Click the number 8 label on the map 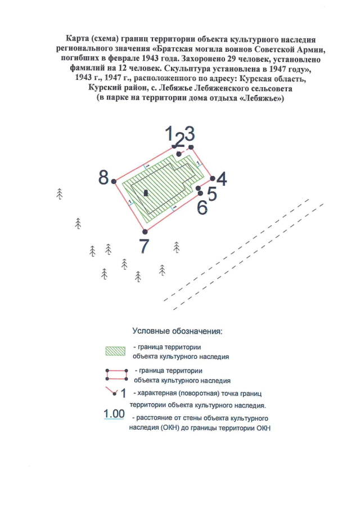[103, 178]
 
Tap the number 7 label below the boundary [145, 246]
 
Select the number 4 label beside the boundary [222, 179]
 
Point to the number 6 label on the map [202, 208]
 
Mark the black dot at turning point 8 [114, 181]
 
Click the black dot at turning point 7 [145, 231]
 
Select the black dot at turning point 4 [213, 178]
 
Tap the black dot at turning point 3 [191, 147]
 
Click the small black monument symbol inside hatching [146, 193]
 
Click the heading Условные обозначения [177, 331]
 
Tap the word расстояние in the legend [152, 419]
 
